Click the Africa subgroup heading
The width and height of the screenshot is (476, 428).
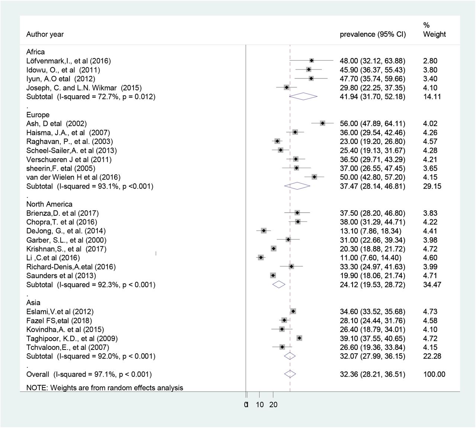point(35,52)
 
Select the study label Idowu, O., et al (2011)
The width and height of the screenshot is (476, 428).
point(63,70)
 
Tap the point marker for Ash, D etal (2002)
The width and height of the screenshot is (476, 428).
point(322,123)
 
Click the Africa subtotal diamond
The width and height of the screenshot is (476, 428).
point(303,96)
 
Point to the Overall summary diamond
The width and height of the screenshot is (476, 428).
point(290,374)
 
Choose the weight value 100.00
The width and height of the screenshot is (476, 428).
point(434,374)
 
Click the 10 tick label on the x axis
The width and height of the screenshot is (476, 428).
point(260,405)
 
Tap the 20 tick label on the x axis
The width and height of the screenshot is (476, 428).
point(273,405)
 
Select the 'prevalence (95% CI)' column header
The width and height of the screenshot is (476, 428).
point(373,34)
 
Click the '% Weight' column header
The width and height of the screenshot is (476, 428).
point(434,30)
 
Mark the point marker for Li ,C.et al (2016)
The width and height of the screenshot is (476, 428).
point(261,258)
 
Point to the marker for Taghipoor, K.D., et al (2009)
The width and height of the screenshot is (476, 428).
point(299,338)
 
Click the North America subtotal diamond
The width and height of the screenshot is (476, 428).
point(279,284)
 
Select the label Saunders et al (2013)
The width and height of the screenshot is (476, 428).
point(61,276)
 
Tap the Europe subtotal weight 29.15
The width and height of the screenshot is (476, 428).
point(432,186)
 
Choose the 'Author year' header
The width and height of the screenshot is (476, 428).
point(45,34)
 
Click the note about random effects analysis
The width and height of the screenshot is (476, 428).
point(104,387)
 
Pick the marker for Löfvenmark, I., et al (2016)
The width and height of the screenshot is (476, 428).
point(312,61)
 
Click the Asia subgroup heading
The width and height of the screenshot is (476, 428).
point(33,302)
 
